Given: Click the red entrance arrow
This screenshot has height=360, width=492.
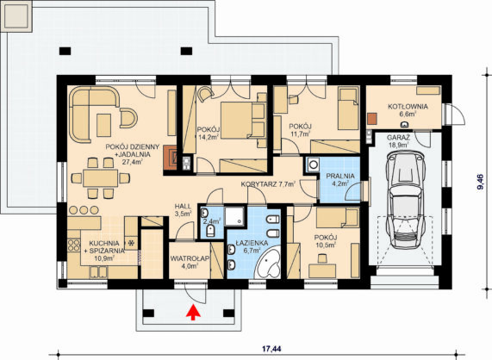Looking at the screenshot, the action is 193,313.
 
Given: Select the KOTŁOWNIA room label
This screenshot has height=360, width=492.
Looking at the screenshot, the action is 408,107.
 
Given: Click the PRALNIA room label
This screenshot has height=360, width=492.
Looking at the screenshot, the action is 340,176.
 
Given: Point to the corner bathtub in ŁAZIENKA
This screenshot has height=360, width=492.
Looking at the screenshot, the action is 268,264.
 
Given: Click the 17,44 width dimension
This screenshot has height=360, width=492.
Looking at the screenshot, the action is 271,349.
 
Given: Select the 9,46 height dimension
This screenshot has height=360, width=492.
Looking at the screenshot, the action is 480,182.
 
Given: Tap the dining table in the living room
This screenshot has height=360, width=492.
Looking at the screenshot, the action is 101,178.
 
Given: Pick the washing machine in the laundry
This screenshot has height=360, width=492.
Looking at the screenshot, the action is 313,164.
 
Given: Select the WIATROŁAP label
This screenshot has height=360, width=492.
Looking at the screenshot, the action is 190,258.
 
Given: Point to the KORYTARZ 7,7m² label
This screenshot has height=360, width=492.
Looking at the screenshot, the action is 268,184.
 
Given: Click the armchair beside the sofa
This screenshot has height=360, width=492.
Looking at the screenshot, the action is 128,118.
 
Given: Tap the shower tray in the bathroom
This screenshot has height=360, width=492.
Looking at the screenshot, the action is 234,216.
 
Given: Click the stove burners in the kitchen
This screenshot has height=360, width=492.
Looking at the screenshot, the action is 73,245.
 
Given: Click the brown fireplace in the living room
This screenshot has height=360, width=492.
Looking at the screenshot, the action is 170,158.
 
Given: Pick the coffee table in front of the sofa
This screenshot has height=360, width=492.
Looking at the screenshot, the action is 103,125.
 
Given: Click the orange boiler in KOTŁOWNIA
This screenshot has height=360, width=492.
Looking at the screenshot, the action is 372,119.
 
